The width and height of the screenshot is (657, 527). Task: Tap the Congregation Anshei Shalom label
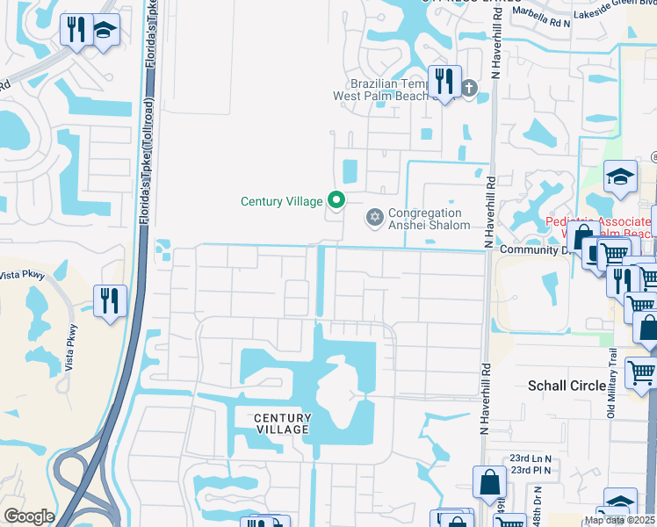[425, 219]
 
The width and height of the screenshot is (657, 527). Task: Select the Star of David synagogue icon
[374, 216]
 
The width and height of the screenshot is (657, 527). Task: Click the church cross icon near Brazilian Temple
[469, 87]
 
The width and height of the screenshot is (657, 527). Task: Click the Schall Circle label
[567, 386]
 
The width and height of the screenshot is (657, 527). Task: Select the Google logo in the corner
[28, 516]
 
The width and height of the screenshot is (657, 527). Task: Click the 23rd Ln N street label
[531, 458]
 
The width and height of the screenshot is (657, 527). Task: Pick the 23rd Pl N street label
[531, 471]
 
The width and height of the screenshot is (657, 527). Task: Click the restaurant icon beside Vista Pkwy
[110, 301]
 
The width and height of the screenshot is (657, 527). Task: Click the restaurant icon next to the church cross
[444, 83]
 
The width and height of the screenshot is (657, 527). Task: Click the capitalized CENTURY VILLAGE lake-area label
[282, 423]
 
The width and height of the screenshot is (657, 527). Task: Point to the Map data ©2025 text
[620, 520]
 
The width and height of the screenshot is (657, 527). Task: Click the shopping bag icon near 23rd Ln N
[489, 482]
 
